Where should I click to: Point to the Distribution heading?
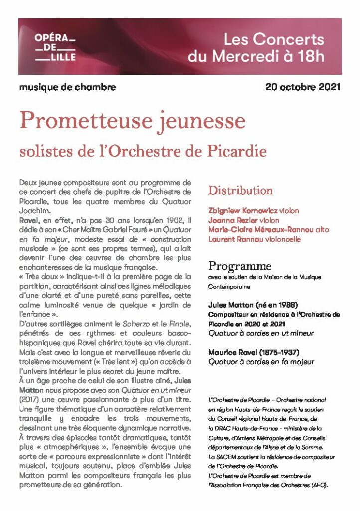coord(240,190)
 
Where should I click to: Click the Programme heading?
coord(240,266)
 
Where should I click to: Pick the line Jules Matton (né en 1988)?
coord(246,305)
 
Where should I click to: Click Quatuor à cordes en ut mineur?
coord(261,333)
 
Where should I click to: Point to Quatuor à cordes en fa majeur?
coord(261,362)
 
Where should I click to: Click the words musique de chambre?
coord(68,87)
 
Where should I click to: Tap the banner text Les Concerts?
coord(273,39)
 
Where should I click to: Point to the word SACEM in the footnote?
coord(223,457)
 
